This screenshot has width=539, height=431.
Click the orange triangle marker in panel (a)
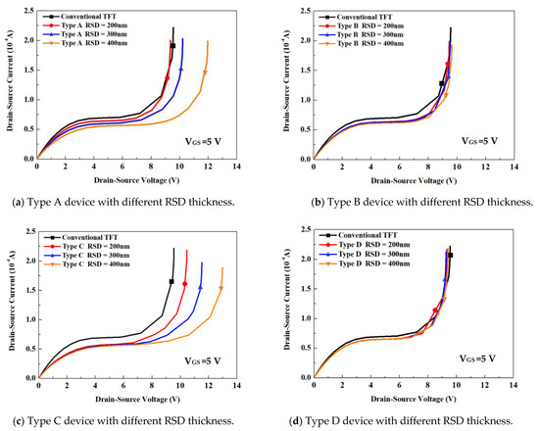tap(205, 73)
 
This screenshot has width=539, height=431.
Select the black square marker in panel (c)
tap(171, 282)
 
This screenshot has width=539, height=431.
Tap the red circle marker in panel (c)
tap(184, 284)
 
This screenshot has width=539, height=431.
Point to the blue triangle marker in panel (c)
tap(200, 288)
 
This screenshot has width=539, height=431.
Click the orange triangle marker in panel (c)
tap(220, 289)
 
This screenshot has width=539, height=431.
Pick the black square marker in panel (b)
tap(442, 84)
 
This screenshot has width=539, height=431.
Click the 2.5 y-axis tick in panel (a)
tap(27, 17)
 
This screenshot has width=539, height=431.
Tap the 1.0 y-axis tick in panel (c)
tap(27, 319)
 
